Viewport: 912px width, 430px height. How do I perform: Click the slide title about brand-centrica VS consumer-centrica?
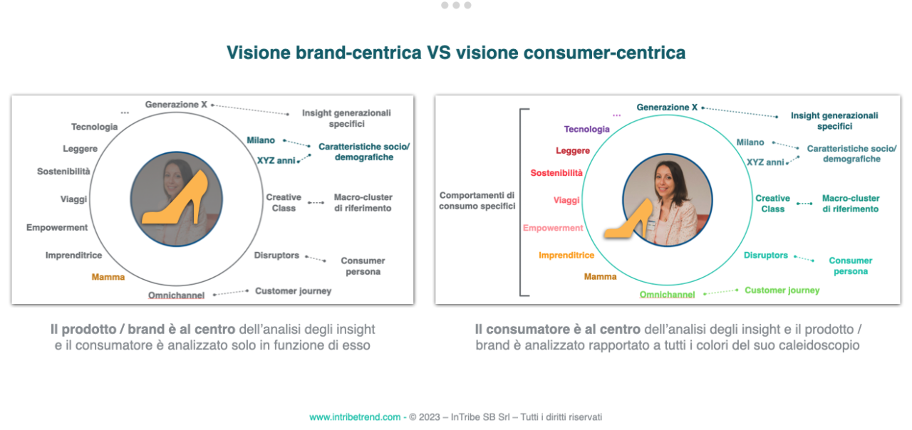point(456,53)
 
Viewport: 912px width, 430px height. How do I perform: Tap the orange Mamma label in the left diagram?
point(108,277)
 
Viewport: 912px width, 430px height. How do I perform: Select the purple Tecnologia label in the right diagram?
point(586,130)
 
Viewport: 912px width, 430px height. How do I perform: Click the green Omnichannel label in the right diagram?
point(667,295)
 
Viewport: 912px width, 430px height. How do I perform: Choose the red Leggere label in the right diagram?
point(572,151)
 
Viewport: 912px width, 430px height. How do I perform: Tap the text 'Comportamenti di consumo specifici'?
point(477,201)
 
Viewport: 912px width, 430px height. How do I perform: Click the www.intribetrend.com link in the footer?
point(355,417)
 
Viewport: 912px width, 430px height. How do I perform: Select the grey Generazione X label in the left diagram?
point(176,105)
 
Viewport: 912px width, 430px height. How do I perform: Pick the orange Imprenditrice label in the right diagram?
point(566,256)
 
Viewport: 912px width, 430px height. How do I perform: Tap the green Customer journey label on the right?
point(782,290)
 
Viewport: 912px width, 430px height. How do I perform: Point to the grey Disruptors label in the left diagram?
point(276,256)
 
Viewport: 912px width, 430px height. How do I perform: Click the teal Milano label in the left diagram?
point(261,140)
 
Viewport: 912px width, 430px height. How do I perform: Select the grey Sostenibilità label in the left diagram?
point(63,172)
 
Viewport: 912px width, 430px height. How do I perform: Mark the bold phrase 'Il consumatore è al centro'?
point(557,330)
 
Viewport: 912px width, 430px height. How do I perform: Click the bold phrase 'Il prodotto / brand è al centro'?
point(142,330)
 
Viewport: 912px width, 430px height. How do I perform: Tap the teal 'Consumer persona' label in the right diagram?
point(850,266)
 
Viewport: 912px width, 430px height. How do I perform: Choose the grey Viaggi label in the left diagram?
point(73,200)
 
